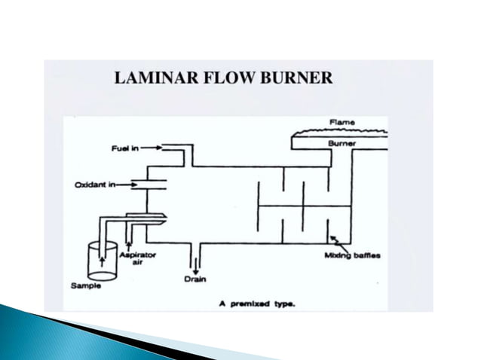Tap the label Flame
pos(342,121)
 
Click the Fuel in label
pos(121,148)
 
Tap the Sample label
pos(83,286)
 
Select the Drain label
pos(195,279)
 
